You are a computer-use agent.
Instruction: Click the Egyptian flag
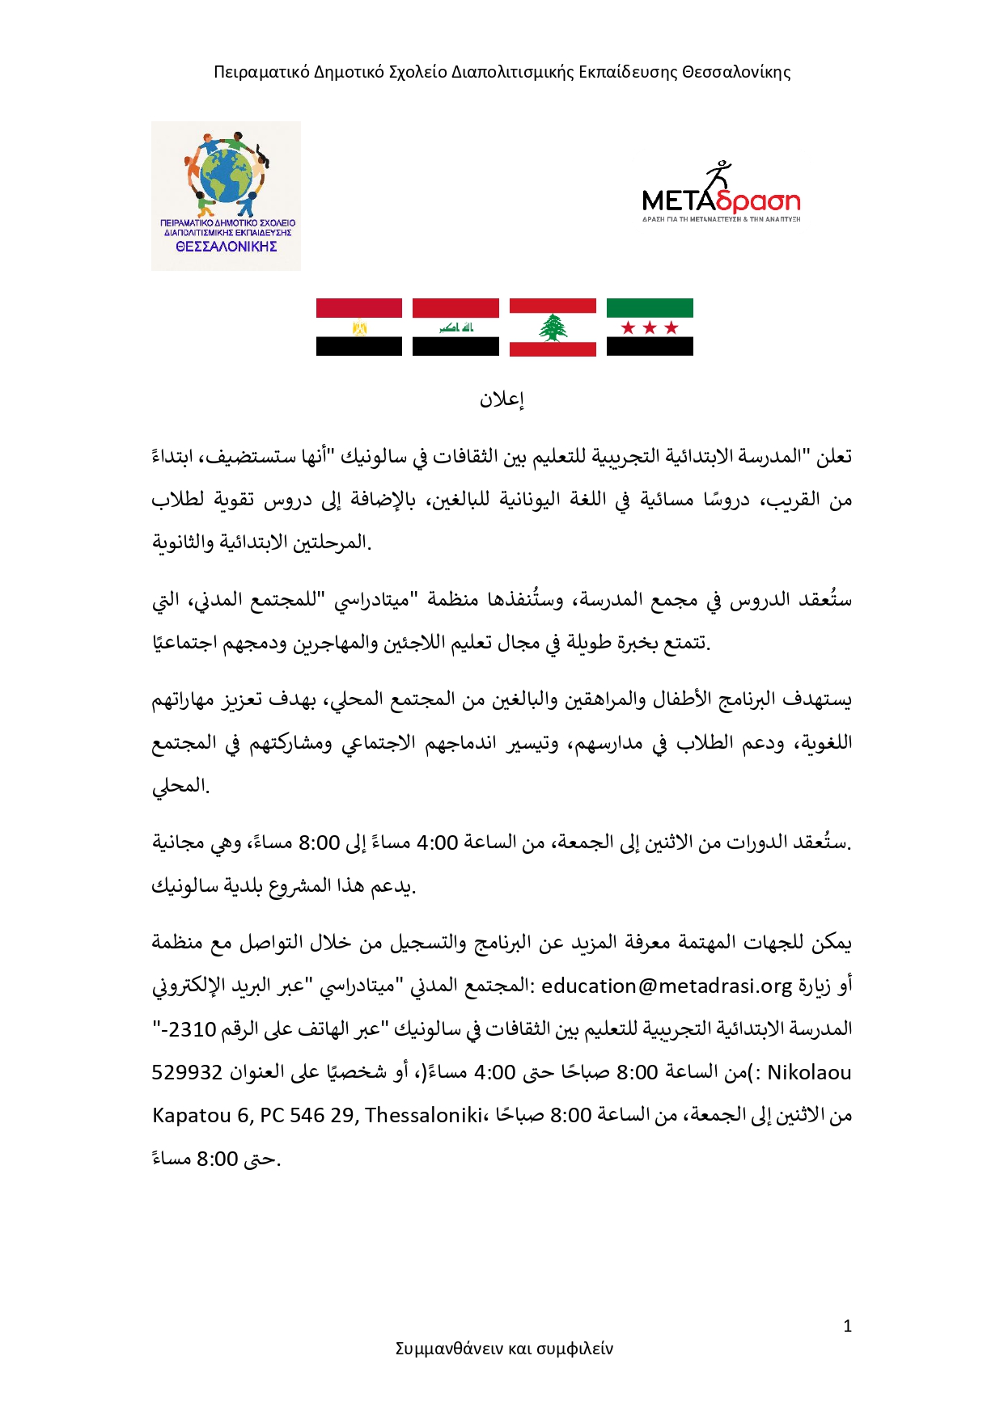pos(358,327)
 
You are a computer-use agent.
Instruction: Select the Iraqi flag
pos(455,327)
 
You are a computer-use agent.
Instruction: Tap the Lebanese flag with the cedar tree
pos(553,327)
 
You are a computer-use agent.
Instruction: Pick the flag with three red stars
pos(650,327)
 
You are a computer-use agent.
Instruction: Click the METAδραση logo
pos(720,201)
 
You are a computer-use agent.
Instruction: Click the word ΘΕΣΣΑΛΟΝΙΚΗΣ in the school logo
pos(227,247)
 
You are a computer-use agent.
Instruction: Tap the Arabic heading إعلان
pos(502,399)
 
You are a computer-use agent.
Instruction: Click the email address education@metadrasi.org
pos(667,986)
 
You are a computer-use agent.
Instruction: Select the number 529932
pos(187,1072)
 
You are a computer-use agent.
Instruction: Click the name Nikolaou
pos(809,1072)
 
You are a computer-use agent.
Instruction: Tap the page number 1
pos(847,1326)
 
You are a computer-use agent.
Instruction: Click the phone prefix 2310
pos(193,1029)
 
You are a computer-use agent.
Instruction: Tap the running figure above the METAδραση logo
pos(717,175)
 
